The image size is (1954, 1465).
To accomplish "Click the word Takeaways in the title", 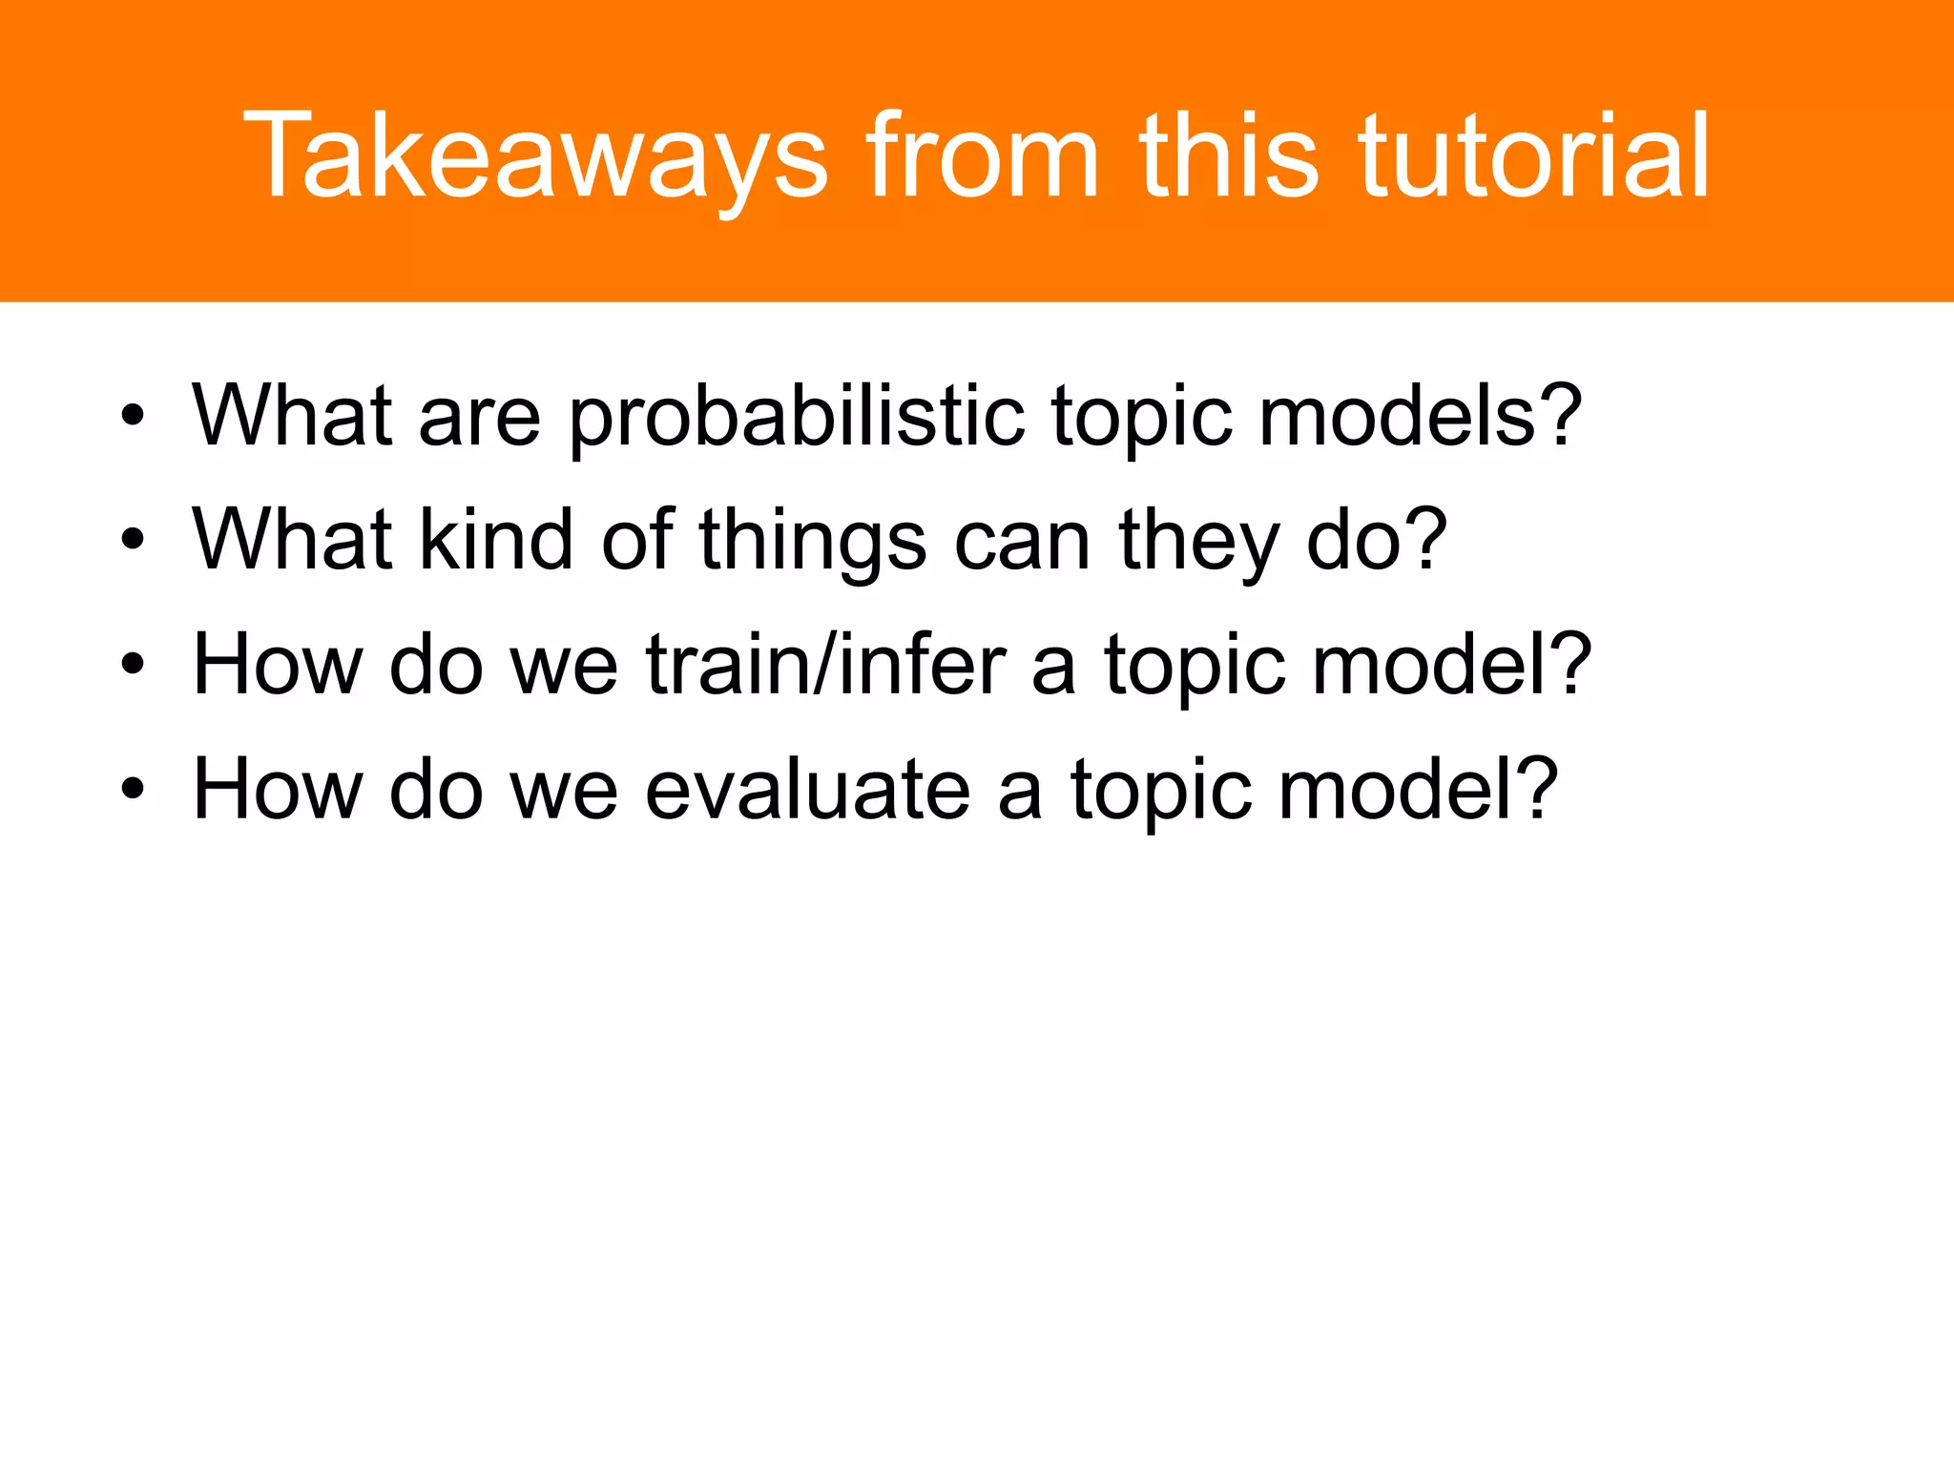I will click(x=535, y=157).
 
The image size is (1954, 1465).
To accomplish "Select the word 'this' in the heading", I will click(x=1230, y=157).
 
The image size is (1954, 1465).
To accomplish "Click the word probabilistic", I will click(x=797, y=417).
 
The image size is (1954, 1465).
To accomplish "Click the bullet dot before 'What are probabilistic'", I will click(x=133, y=416).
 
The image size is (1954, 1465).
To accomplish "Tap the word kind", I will click(x=496, y=541).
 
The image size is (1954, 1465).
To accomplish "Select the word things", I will click(x=812, y=541).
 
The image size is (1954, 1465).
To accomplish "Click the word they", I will click(x=1197, y=541).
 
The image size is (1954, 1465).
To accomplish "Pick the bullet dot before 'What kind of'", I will click(x=133, y=540).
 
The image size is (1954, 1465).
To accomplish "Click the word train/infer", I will click(x=825, y=665).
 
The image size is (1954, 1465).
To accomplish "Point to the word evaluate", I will click(x=807, y=790).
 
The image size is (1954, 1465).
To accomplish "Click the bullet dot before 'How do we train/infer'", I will click(x=133, y=665).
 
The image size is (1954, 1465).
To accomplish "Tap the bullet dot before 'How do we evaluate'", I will click(x=133, y=790).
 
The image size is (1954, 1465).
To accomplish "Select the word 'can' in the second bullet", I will click(x=1022, y=541).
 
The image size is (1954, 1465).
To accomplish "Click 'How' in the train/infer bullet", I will click(x=278, y=665).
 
